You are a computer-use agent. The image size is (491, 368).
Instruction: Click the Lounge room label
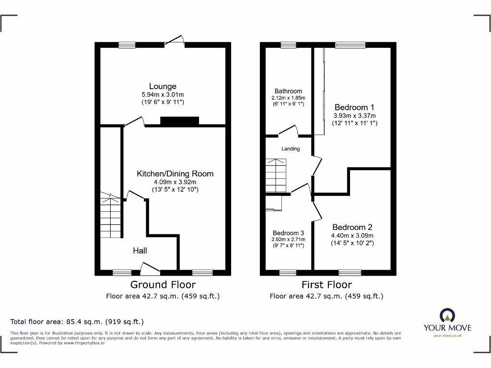pos(163,87)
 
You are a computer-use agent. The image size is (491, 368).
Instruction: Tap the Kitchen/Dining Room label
pos(175,173)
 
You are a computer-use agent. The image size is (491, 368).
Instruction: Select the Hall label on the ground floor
pos(140,251)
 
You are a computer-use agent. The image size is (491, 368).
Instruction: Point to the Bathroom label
pos(288,91)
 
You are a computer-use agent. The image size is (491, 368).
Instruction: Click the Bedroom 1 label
pos(354,107)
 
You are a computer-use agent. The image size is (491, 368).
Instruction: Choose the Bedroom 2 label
pos(352,227)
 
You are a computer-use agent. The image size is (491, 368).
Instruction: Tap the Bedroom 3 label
pos(288,233)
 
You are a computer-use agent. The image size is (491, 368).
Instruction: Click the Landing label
pos(291,149)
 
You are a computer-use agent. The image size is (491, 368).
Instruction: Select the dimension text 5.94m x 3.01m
pos(163,95)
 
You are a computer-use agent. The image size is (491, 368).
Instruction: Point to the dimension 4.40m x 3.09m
pos(352,236)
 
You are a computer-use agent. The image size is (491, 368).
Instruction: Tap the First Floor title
pos(327,285)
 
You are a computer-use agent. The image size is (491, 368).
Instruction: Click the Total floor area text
pos(77,322)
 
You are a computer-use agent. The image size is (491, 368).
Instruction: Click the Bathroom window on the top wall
pos(288,45)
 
